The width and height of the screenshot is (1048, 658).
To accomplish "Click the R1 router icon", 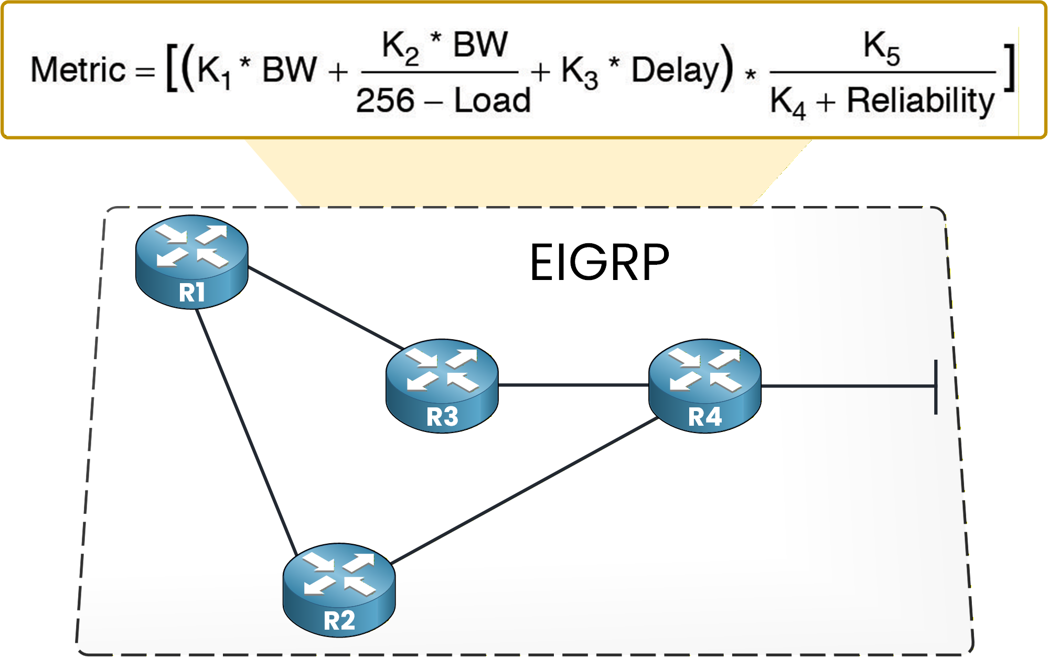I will pyautogui.click(x=191, y=262).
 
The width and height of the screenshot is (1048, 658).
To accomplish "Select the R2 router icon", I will pyautogui.click(x=339, y=590).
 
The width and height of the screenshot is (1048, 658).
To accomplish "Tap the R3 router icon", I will pyautogui.click(x=442, y=385).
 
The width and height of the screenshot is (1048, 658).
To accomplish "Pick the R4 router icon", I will pyautogui.click(x=704, y=385).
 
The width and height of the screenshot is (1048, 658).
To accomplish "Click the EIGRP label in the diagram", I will pyautogui.click(x=600, y=263).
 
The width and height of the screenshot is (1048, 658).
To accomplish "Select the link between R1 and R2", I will pyautogui.click(x=245, y=430).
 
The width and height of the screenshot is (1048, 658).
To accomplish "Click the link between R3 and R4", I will pyautogui.click(x=573, y=385).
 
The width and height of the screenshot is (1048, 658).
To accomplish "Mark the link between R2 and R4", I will pyautogui.click(x=525, y=490).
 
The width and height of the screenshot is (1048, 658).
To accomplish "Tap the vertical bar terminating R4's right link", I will pyautogui.click(x=936, y=387).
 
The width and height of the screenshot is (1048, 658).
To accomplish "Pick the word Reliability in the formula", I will pyautogui.click(x=921, y=101).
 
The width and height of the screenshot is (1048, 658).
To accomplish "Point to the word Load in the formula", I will pyautogui.click(x=492, y=101).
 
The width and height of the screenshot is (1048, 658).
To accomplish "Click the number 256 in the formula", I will pyautogui.click(x=385, y=101).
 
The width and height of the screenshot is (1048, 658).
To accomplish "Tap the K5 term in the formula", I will pyautogui.click(x=881, y=47).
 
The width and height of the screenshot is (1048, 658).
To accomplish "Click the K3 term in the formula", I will pyautogui.click(x=579, y=72).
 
